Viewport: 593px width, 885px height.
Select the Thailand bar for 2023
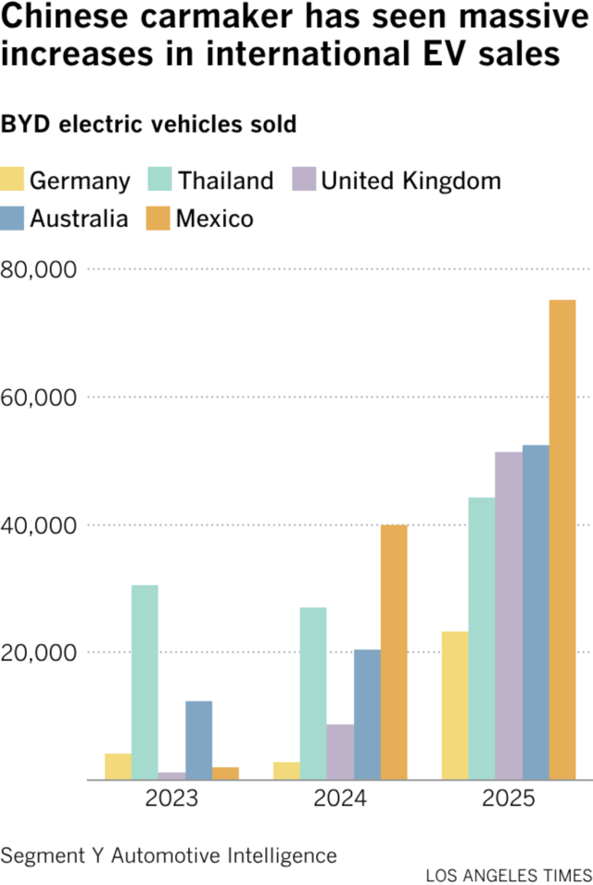(145, 682)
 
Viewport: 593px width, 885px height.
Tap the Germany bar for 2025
(455, 705)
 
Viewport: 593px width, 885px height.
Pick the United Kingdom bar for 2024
(340, 752)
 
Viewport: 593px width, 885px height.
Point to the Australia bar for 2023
(198, 740)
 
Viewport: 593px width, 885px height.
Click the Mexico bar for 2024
(394, 652)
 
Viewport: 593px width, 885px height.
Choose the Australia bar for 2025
(536, 613)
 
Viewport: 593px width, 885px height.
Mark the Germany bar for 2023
(118, 766)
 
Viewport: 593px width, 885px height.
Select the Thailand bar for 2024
(313, 693)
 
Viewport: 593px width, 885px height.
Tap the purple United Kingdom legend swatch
(305, 179)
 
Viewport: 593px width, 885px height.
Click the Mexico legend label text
(215, 219)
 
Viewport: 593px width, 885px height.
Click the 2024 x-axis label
(340, 799)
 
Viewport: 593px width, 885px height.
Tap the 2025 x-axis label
(509, 799)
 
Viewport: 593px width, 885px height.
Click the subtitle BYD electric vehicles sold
(149, 124)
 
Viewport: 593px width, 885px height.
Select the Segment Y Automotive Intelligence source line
(169, 854)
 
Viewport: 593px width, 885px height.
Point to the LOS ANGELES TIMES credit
(509, 875)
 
